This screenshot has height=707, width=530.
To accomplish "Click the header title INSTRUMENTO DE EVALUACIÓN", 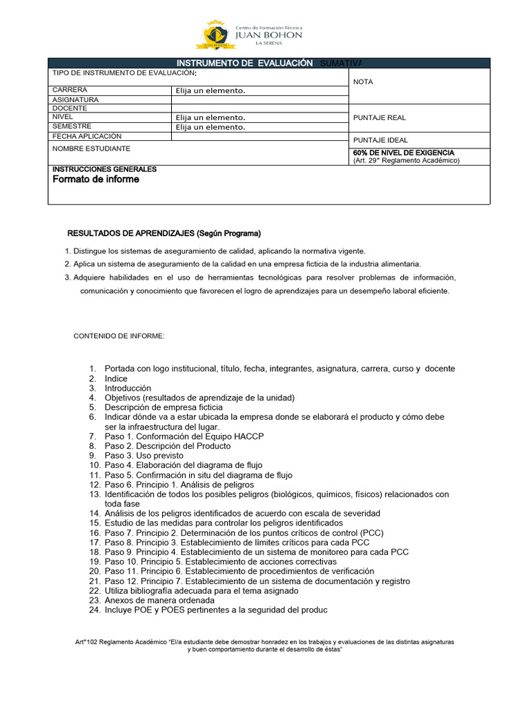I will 245,63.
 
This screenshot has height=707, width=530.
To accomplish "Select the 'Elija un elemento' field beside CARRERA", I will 210,90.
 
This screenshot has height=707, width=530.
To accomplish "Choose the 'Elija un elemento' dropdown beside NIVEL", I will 210,117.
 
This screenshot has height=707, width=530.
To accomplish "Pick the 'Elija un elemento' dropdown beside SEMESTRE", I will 210,127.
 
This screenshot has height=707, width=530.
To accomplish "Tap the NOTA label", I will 363,82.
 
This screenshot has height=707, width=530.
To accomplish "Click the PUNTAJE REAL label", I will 380,118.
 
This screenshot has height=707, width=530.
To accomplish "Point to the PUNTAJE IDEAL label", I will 380,140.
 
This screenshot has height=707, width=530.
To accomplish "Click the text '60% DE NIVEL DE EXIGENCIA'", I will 404,153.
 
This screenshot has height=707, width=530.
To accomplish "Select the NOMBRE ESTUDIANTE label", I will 91,148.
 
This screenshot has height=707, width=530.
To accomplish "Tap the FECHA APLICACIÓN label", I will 86,136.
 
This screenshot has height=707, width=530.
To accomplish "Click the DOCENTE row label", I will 70,108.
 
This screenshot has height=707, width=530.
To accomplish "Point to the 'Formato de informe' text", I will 96,180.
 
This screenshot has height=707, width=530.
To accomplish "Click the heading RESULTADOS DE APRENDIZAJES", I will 164,233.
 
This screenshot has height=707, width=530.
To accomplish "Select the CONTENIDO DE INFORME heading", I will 119,336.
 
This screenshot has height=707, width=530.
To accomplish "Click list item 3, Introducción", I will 128,388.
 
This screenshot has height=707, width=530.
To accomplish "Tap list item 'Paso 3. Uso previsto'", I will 144,456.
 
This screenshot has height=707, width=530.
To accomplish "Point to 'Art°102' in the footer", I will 88,642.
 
